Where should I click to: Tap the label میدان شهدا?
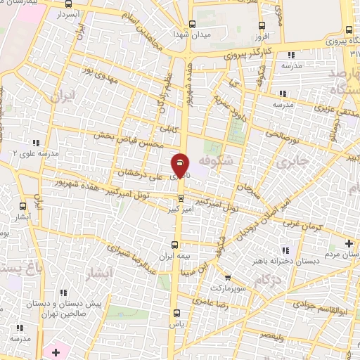189,32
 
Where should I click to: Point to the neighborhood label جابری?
292,162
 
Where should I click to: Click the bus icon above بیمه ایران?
175,245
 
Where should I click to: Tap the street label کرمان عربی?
302,223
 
